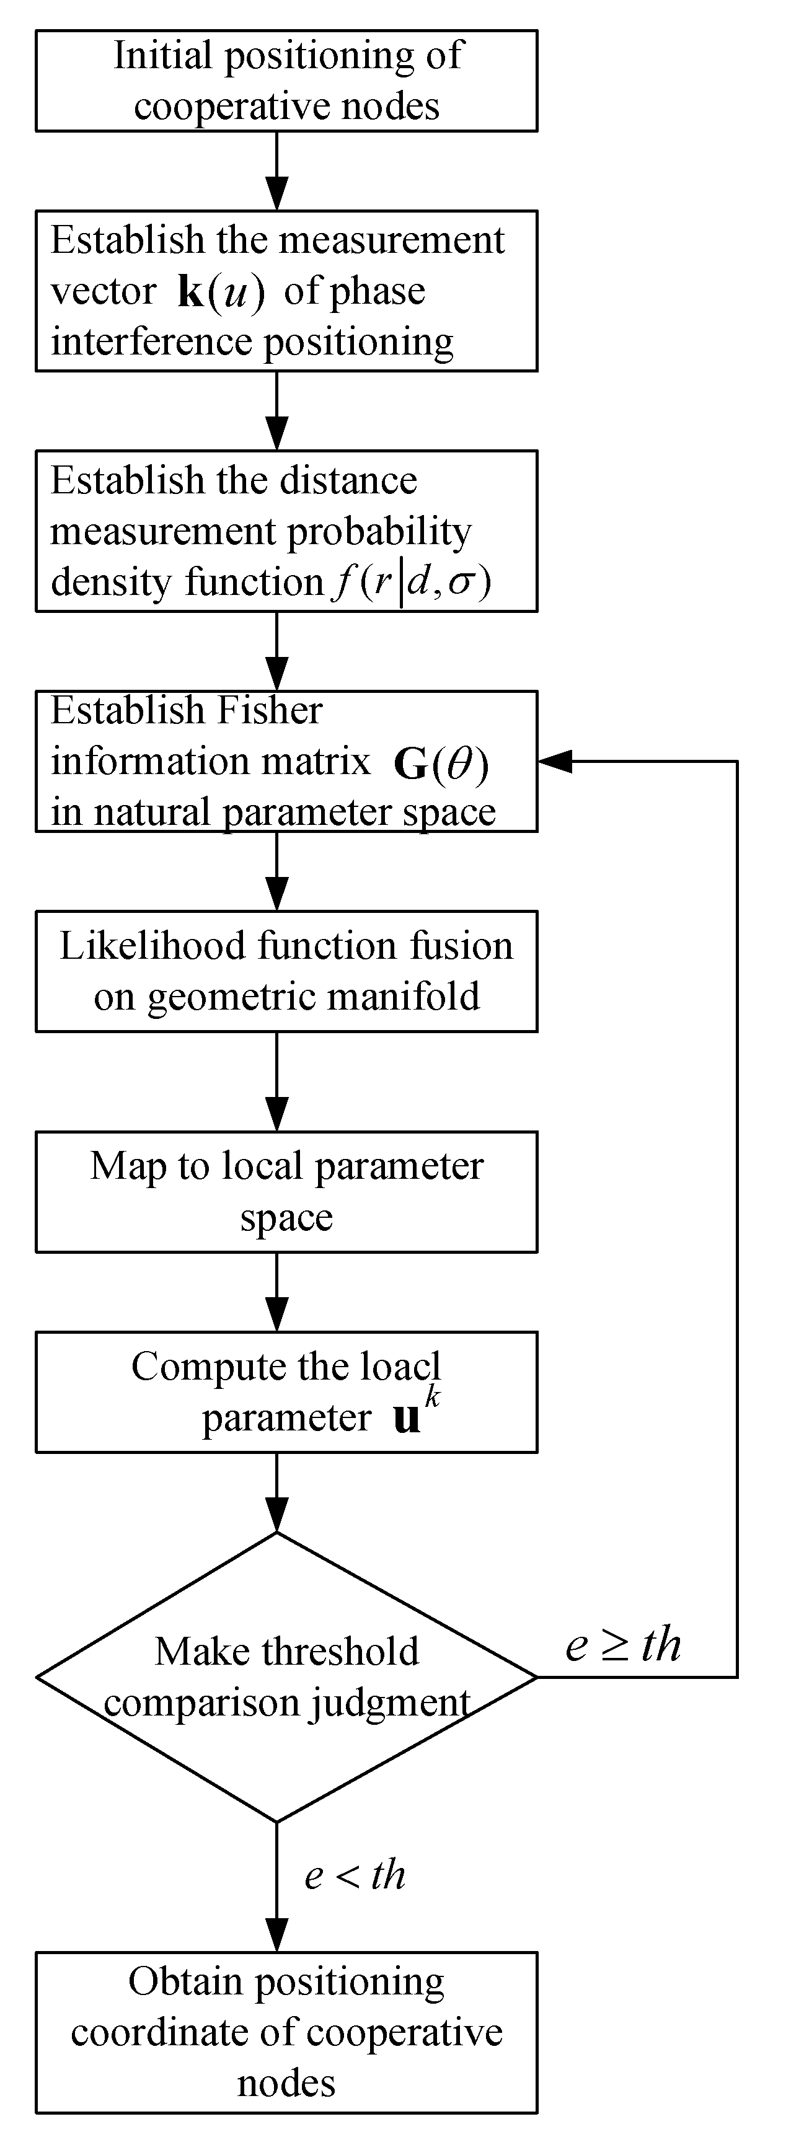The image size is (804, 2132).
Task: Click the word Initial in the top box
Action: tap(163, 56)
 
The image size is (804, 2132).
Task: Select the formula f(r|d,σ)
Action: tap(411, 582)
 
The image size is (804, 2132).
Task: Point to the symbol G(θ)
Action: tap(441, 763)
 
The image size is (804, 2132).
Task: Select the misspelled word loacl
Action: tap(400, 1367)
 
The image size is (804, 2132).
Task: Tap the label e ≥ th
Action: tap(622, 1644)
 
